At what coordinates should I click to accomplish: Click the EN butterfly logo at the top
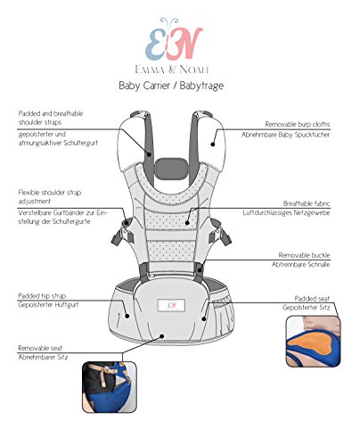180,36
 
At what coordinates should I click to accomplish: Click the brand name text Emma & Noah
180,65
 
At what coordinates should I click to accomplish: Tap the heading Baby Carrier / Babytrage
179,87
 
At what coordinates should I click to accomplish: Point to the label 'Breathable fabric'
315,202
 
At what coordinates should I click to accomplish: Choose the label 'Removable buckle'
315,254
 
